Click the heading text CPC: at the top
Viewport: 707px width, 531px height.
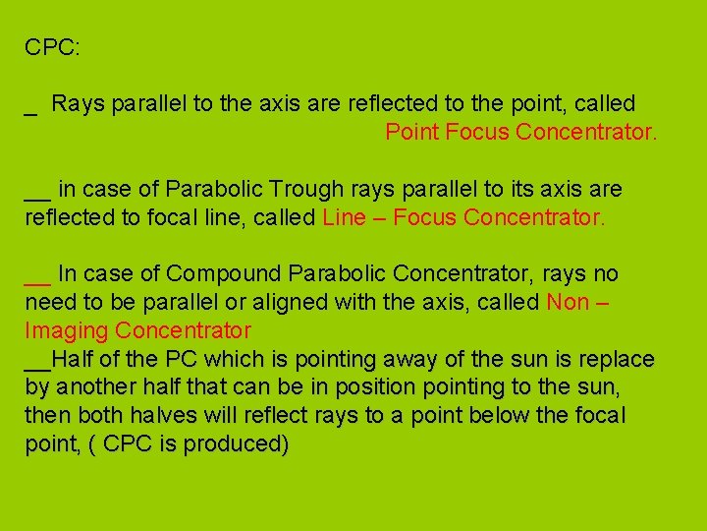[52, 47]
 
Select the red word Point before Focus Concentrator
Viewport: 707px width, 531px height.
[411, 132]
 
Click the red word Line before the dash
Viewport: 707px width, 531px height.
[343, 217]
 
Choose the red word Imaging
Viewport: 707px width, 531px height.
[65, 330]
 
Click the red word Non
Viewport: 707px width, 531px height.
[568, 302]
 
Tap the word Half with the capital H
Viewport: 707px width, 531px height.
[71, 359]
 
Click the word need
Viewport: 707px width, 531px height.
[51, 302]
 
